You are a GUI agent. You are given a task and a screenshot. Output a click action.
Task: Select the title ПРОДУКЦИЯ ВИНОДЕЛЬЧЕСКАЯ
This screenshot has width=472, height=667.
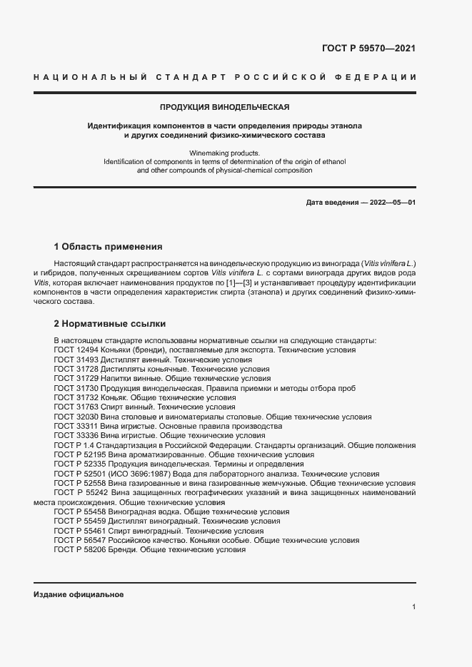point(224,107)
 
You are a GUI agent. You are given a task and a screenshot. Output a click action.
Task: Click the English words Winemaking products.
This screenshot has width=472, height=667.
point(225,153)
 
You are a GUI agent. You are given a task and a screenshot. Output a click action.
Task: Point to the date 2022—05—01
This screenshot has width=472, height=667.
point(391,203)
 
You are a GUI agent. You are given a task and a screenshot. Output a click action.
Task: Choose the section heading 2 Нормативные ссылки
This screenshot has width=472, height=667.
point(109,324)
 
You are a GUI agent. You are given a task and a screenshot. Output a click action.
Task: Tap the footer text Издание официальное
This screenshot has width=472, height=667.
point(79,595)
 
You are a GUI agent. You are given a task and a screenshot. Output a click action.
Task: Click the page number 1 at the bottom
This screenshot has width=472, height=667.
point(413,607)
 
